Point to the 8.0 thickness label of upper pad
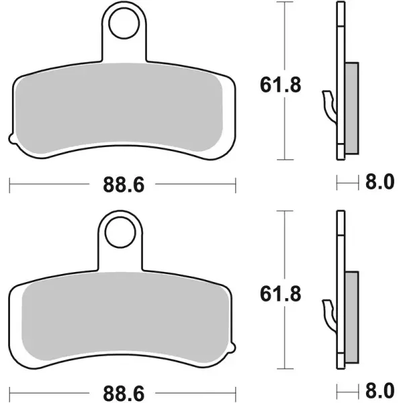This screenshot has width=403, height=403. (376, 183)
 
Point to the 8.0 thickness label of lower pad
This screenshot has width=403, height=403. (376, 391)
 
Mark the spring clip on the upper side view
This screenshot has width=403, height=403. (328, 104)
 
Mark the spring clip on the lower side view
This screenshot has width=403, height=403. (328, 312)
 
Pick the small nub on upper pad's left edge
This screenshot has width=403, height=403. (11, 139)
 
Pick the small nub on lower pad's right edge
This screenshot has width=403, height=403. (234, 347)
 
